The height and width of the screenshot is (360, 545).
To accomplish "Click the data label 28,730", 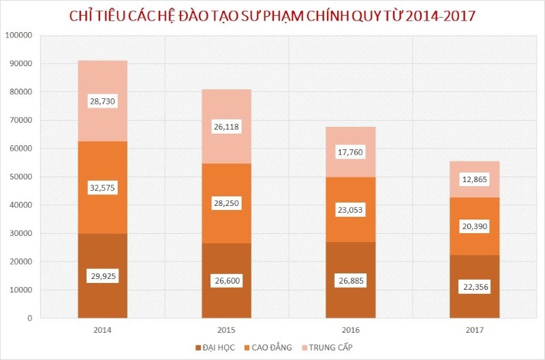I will [x=102, y=100].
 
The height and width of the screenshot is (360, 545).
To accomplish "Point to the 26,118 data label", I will [x=226, y=127].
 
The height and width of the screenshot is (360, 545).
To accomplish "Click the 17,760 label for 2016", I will [x=350, y=153].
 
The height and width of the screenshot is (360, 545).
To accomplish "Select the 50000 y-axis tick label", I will [x=23, y=177].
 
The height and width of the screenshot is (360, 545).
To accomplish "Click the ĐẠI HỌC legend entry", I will [x=215, y=348].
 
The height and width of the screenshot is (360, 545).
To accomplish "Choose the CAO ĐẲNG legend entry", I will [x=270, y=348].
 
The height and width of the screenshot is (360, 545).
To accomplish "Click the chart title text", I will [x=272, y=16].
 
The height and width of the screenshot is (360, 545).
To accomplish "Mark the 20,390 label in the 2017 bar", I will [x=474, y=226].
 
